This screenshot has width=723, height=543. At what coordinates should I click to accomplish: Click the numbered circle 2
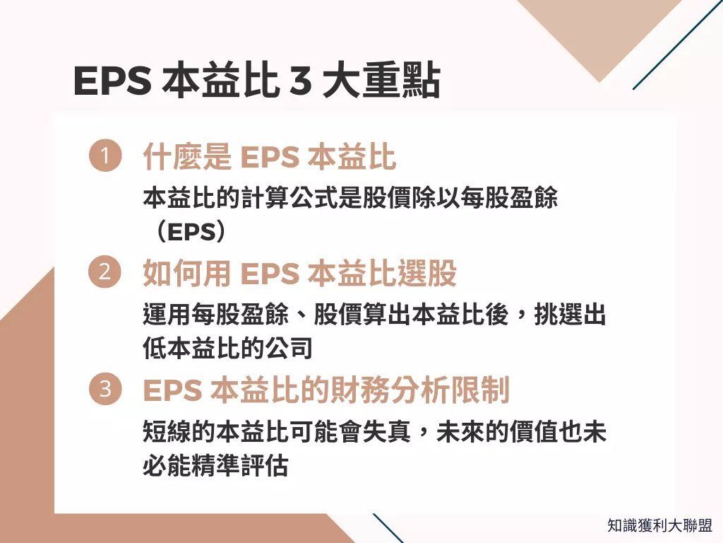[x=104, y=273]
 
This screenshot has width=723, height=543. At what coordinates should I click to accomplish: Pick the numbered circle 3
[x=104, y=390]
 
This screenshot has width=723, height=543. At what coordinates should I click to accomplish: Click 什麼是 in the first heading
[x=187, y=158]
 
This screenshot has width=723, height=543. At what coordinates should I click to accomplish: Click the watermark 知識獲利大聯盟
[x=659, y=525]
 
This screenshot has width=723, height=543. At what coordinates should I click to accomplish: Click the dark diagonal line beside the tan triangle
[x=676, y=46]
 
